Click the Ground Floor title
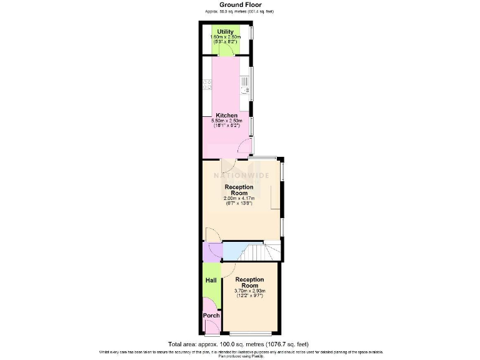tap(239, 4)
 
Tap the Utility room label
tap(225, 32)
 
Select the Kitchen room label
tap(226, 116)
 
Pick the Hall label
tap(211, 280)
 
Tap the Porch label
tap(211, 316)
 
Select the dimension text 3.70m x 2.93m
tap(249, 291)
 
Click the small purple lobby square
tap(209, 251)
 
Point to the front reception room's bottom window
tap(249, 332)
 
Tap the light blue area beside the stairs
tap(234, 251)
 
